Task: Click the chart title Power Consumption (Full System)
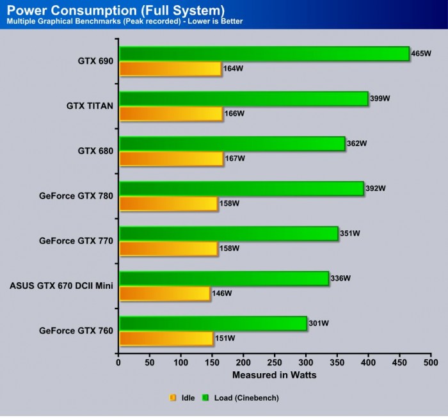pos(116,10)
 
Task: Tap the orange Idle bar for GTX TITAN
pos(170,113)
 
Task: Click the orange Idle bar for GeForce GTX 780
pos(168,204)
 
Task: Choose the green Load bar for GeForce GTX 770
pos(228,234)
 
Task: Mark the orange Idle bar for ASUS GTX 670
pos(164,293)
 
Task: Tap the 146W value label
pos(221,293)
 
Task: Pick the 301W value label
pos(318,323)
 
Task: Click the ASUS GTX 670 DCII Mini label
pos(61,285)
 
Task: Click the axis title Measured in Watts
pos(274,375)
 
